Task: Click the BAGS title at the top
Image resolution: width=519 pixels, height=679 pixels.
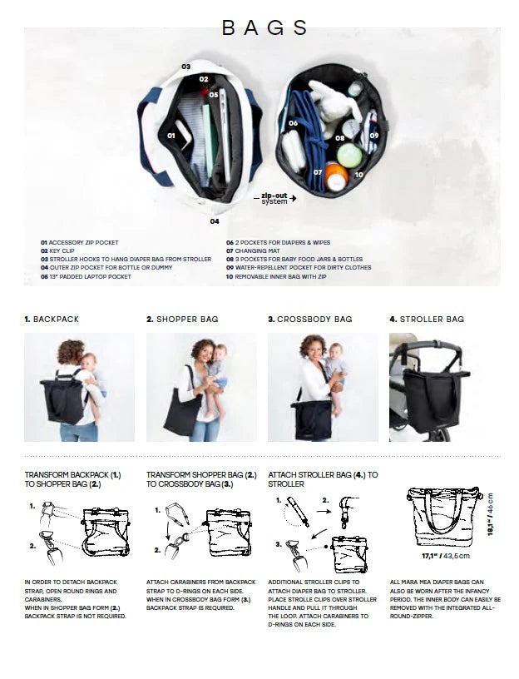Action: (265, 27)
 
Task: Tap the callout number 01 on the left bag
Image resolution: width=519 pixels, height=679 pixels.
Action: (171, 135)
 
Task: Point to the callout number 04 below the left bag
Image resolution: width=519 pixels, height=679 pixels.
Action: (215, 221)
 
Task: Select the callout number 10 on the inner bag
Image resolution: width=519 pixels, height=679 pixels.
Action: (358, 175)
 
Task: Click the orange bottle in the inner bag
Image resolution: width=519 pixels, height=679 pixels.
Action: (336, 177)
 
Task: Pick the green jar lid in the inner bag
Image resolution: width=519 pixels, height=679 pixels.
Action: (349, 155)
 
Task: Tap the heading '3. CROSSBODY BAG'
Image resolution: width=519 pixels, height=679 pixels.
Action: (309, 319)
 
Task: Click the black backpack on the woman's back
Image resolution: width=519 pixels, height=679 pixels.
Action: (63, 398)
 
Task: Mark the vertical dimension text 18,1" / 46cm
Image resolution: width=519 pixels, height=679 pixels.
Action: (491, 517)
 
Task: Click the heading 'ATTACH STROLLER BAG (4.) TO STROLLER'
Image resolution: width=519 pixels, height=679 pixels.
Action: (323, 478)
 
